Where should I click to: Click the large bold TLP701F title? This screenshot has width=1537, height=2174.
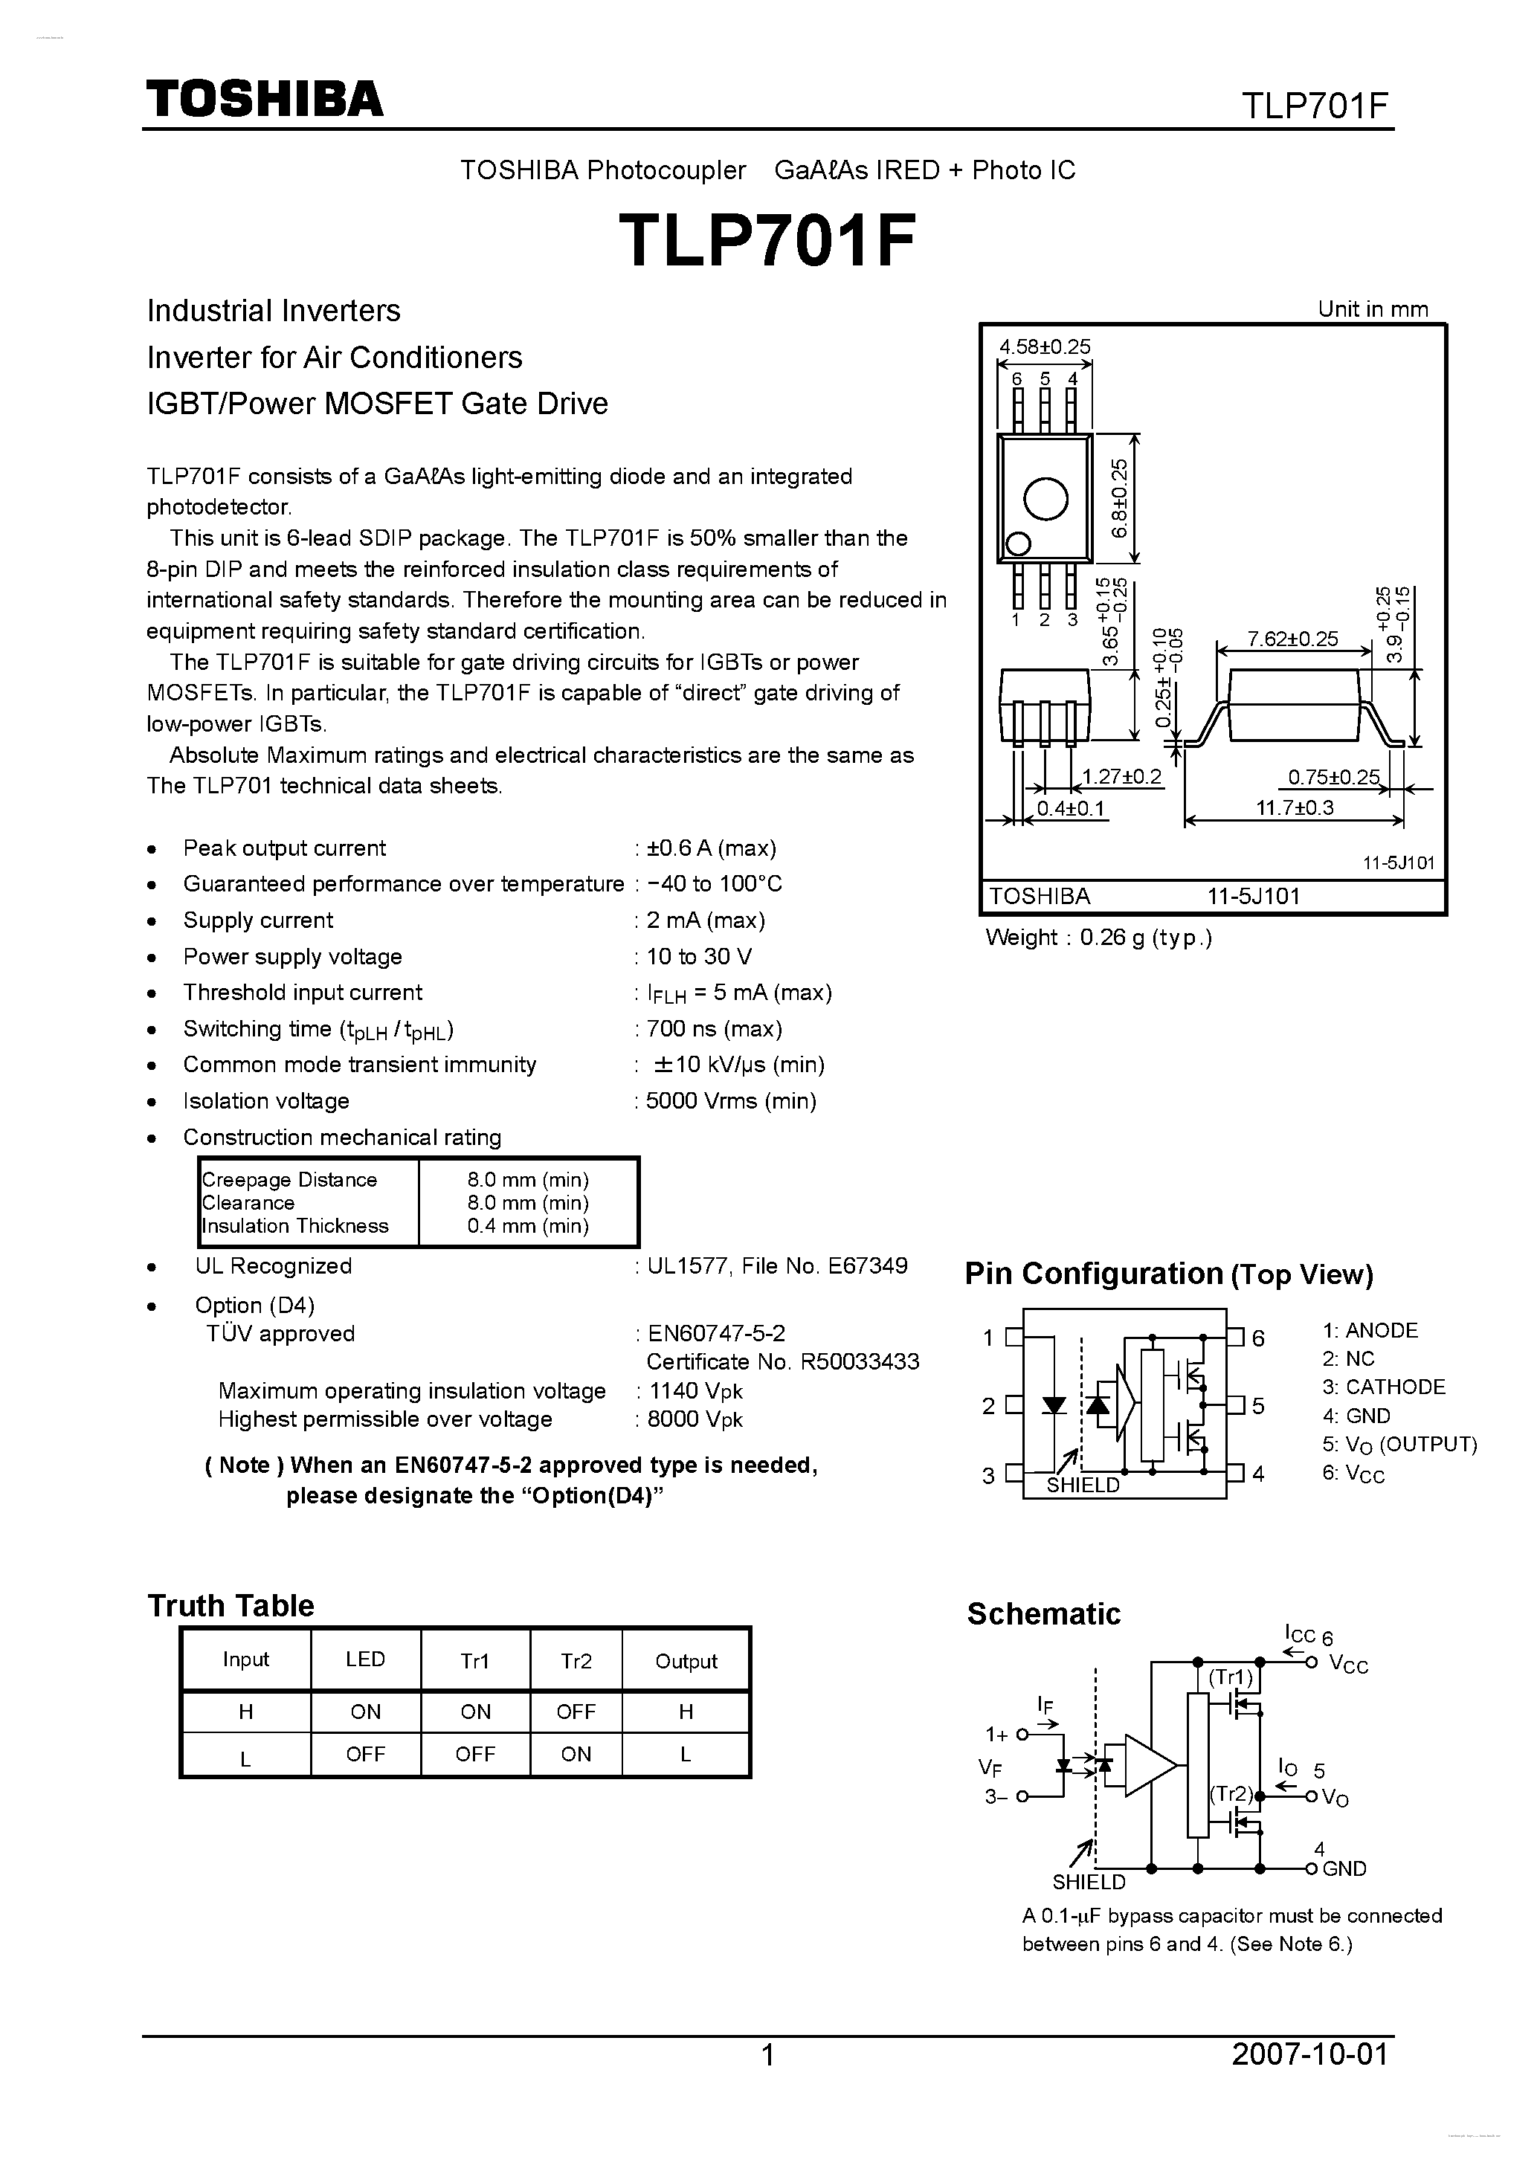click(x=767, y=240)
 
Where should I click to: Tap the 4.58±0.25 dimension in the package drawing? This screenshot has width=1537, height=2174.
click(x=1045, y=346)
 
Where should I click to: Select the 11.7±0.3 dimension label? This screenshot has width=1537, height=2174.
click(x=1294, y=807)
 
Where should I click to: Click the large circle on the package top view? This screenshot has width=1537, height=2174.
click(x=1045, y=498)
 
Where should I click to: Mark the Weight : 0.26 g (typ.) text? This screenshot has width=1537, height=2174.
click(x=1098, y=938)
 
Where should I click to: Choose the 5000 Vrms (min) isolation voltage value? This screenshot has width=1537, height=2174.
click(x=730, y=1100)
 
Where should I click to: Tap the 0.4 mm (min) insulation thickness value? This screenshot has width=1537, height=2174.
click(x=527, y=1226)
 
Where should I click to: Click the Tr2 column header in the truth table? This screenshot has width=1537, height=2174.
click(x=576, y=1661)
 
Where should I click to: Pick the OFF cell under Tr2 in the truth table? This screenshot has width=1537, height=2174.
click(x=576, y=1712)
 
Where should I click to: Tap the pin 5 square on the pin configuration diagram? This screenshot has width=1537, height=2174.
click(x=1235, y=1405)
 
